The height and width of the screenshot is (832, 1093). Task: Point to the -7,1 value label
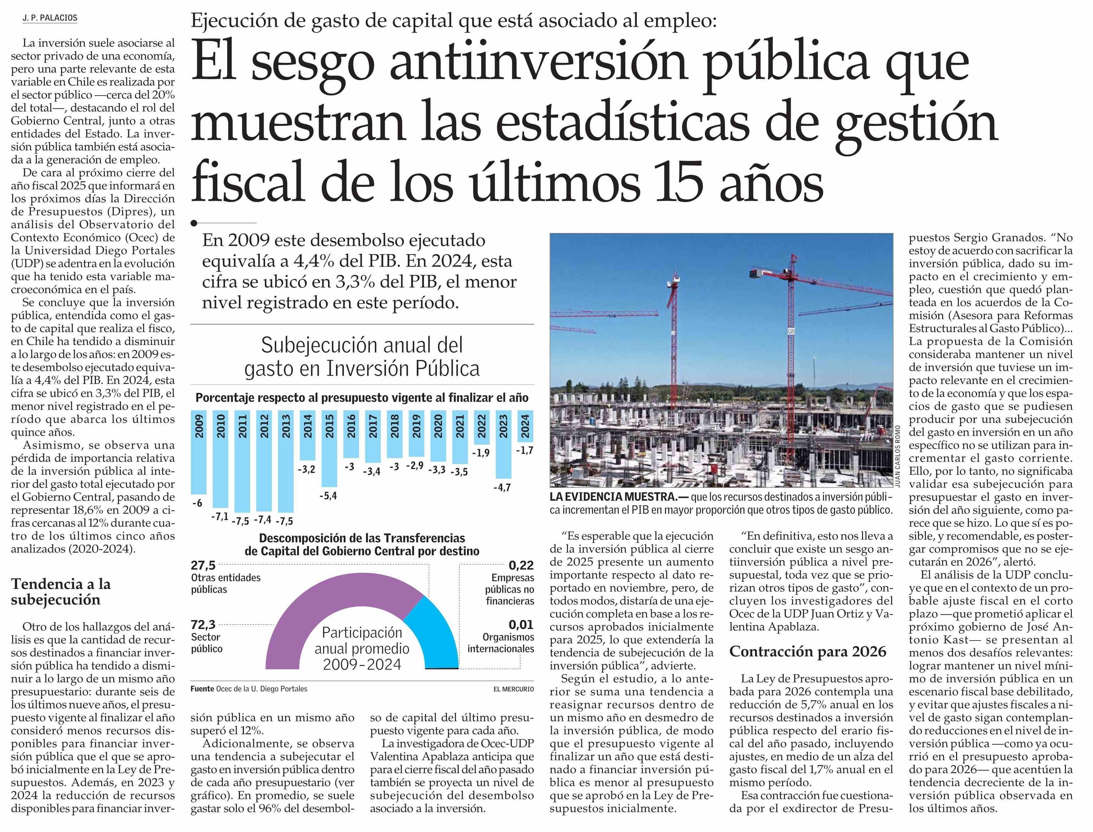click(x=220, y=517)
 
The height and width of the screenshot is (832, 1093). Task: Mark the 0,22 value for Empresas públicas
click(x=521, y=565)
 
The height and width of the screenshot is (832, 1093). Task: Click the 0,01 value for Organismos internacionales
click(x=521, y=625)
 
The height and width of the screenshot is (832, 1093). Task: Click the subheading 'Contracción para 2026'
click(x=807, y=651)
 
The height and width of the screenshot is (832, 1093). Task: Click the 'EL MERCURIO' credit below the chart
click(x=513, y=689)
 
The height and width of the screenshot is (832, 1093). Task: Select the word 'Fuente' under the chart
click(x=202, y=689)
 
